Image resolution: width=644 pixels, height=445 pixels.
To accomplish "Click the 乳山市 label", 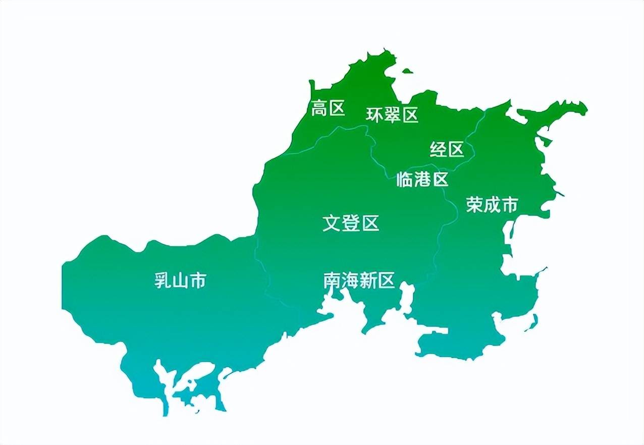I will coord(180,281).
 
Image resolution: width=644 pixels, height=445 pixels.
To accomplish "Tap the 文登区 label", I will coord(351,223).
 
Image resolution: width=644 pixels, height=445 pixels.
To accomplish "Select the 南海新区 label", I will coord(359,281).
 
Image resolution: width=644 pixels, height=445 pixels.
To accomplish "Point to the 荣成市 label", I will coord(492,205).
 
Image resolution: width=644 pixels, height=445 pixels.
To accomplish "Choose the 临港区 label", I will coord(422,179).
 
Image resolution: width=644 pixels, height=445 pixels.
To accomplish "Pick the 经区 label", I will coord(447,149).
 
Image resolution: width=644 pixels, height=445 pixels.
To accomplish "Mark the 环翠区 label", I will coord(392,115).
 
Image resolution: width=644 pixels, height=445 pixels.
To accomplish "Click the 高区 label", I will coord(328,108).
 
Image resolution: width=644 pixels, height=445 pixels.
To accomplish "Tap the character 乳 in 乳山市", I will coord(163,281).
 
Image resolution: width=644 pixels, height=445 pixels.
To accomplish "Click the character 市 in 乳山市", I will coord(198,281).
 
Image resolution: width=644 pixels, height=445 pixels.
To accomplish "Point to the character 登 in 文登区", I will coord(351,223).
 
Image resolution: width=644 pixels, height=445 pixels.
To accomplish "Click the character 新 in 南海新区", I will coord(368,281).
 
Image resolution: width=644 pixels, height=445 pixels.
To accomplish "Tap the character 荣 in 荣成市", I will coord(475,205).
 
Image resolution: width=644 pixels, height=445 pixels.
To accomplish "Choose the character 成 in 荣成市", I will coord(492,205).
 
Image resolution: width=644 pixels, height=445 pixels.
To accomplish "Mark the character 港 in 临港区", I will coord(422,179).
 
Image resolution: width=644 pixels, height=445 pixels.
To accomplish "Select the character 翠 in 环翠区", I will coord(392,115).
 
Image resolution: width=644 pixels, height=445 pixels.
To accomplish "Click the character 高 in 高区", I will coord(319,108).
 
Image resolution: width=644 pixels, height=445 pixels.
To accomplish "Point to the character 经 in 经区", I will coord(438,149).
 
